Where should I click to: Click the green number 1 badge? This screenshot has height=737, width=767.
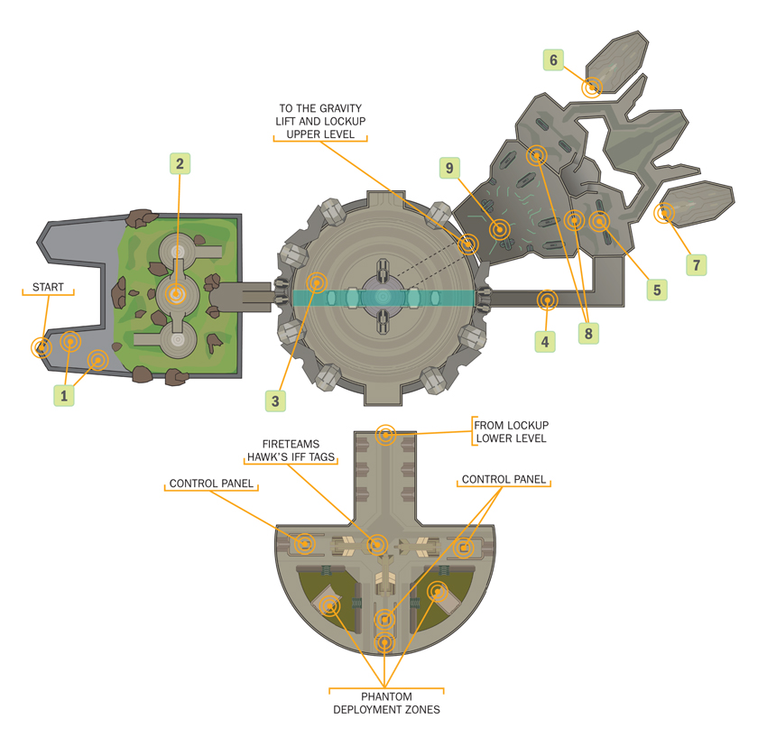[x=64, y=394]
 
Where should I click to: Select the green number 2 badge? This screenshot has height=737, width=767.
[x=180, y=163]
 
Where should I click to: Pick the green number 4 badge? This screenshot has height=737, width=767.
[x=544, y=341]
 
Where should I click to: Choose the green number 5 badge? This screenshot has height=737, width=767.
[x=656, y=290]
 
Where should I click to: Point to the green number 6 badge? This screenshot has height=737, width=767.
[x=554, y=60]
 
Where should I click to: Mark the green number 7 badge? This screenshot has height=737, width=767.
[x=696, y=265]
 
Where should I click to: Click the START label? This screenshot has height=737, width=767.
[x=48, y=287]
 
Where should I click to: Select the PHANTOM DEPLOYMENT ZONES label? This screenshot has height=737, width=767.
[x=386, y=703]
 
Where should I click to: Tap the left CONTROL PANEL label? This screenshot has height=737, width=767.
[x=212, y=484]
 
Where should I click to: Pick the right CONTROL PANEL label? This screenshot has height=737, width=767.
[x=504, y=479]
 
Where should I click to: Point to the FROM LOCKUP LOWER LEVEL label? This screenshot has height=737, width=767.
[x=511, y=431]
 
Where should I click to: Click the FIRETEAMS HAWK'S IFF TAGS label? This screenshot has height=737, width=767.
[x=293, y=450]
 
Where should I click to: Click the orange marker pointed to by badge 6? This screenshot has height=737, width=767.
[x=592, y=88]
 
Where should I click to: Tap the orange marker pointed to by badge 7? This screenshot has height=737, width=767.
[x=665, y=214]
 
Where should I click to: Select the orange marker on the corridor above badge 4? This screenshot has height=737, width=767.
[x=547, y=299]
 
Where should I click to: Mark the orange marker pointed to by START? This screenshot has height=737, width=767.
[x=42, y=347]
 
